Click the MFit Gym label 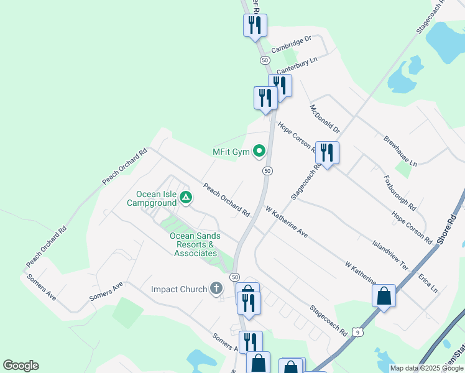coord(231,152)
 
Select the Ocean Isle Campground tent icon coord(185,198)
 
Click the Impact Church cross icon coord(216,288)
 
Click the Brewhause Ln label coord(400,150)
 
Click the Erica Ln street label coord(428,281)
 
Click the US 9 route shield coord(358,333)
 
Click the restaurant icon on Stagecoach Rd coord(326,152)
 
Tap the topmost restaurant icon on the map coord(254,25)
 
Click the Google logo coord(21,366)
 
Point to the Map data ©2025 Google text coord(426,368)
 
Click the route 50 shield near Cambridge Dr coord(265,60)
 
